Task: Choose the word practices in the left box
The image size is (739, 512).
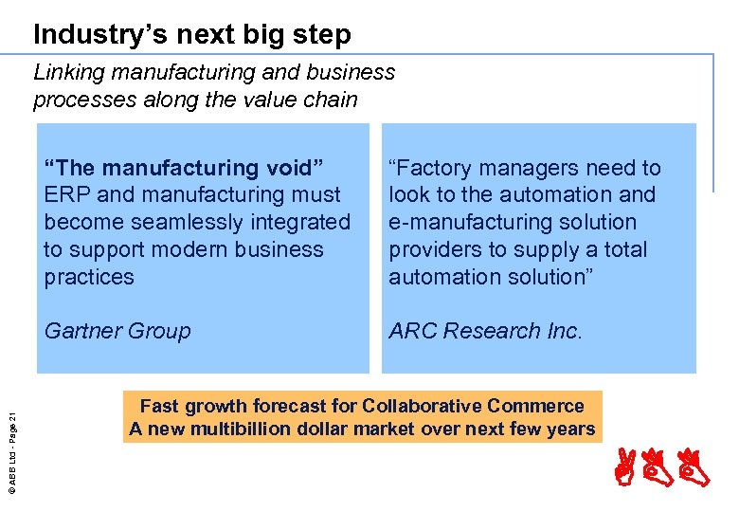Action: pyautogui.click(x=89, y=278)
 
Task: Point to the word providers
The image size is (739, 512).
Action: pyautogui.click(x=434, y=250)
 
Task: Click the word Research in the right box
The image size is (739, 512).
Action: pyautogui.click(x=490, y=331)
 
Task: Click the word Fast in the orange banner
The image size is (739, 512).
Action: pyautogui.click(x=160, y=406)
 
